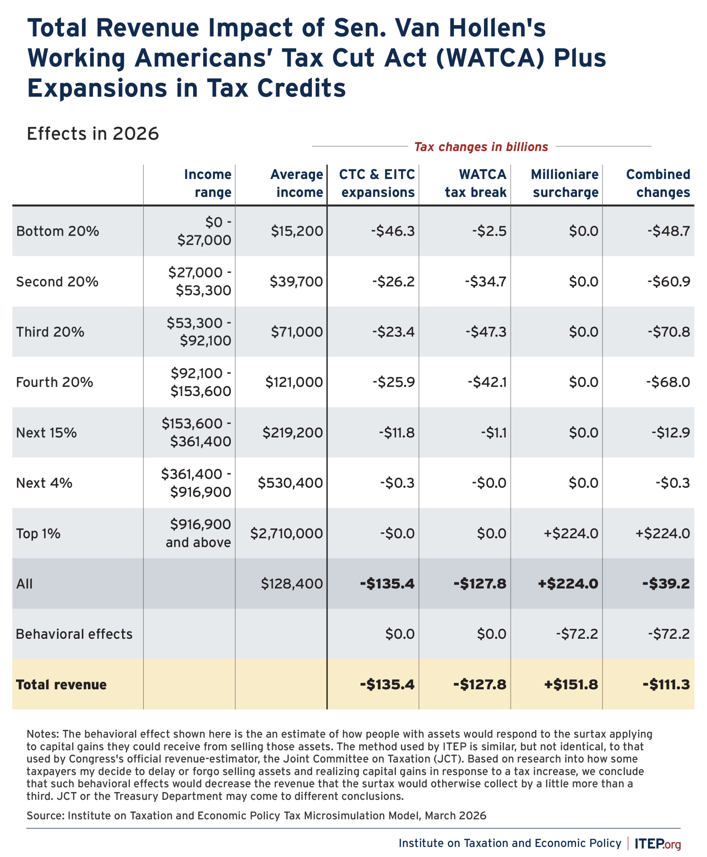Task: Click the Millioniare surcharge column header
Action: point(565,183)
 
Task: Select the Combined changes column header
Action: point(658,183)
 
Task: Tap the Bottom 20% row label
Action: point(58,231)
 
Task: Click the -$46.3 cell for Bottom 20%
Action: point(393,231)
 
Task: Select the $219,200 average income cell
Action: point(293,433)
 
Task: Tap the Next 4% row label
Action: point(44,483)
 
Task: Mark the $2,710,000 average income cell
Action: point(286,534)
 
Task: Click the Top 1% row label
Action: point(38,534)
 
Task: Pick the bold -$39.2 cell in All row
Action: point(666,584)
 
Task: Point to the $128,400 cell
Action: point(292,584)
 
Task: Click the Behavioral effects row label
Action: point(74,634)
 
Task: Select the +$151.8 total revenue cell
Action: point(571,685)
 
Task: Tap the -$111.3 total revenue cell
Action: point(666,685)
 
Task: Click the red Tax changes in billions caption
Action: point(481,147)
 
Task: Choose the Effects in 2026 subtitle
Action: point(93,134)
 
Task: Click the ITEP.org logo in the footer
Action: point(657,844)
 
